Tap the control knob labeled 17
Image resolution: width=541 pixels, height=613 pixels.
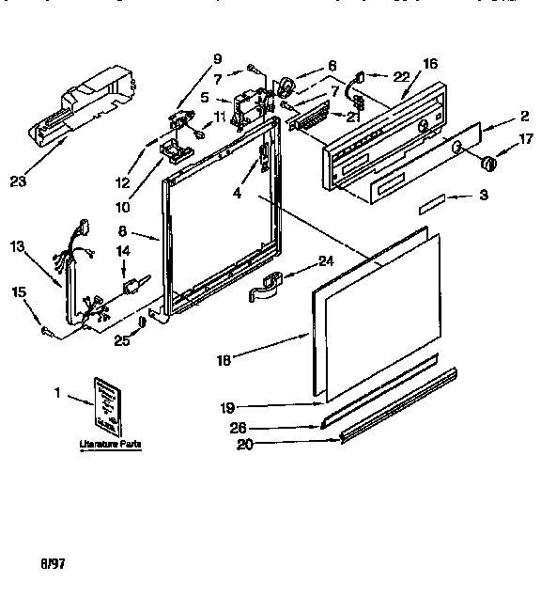pyautogui.click(x=487, y=166)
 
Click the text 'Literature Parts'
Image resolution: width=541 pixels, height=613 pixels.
pyautogui.click(x=102, y=443)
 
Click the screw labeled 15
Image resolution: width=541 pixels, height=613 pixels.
pyautogui.click(x=45, y=329)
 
